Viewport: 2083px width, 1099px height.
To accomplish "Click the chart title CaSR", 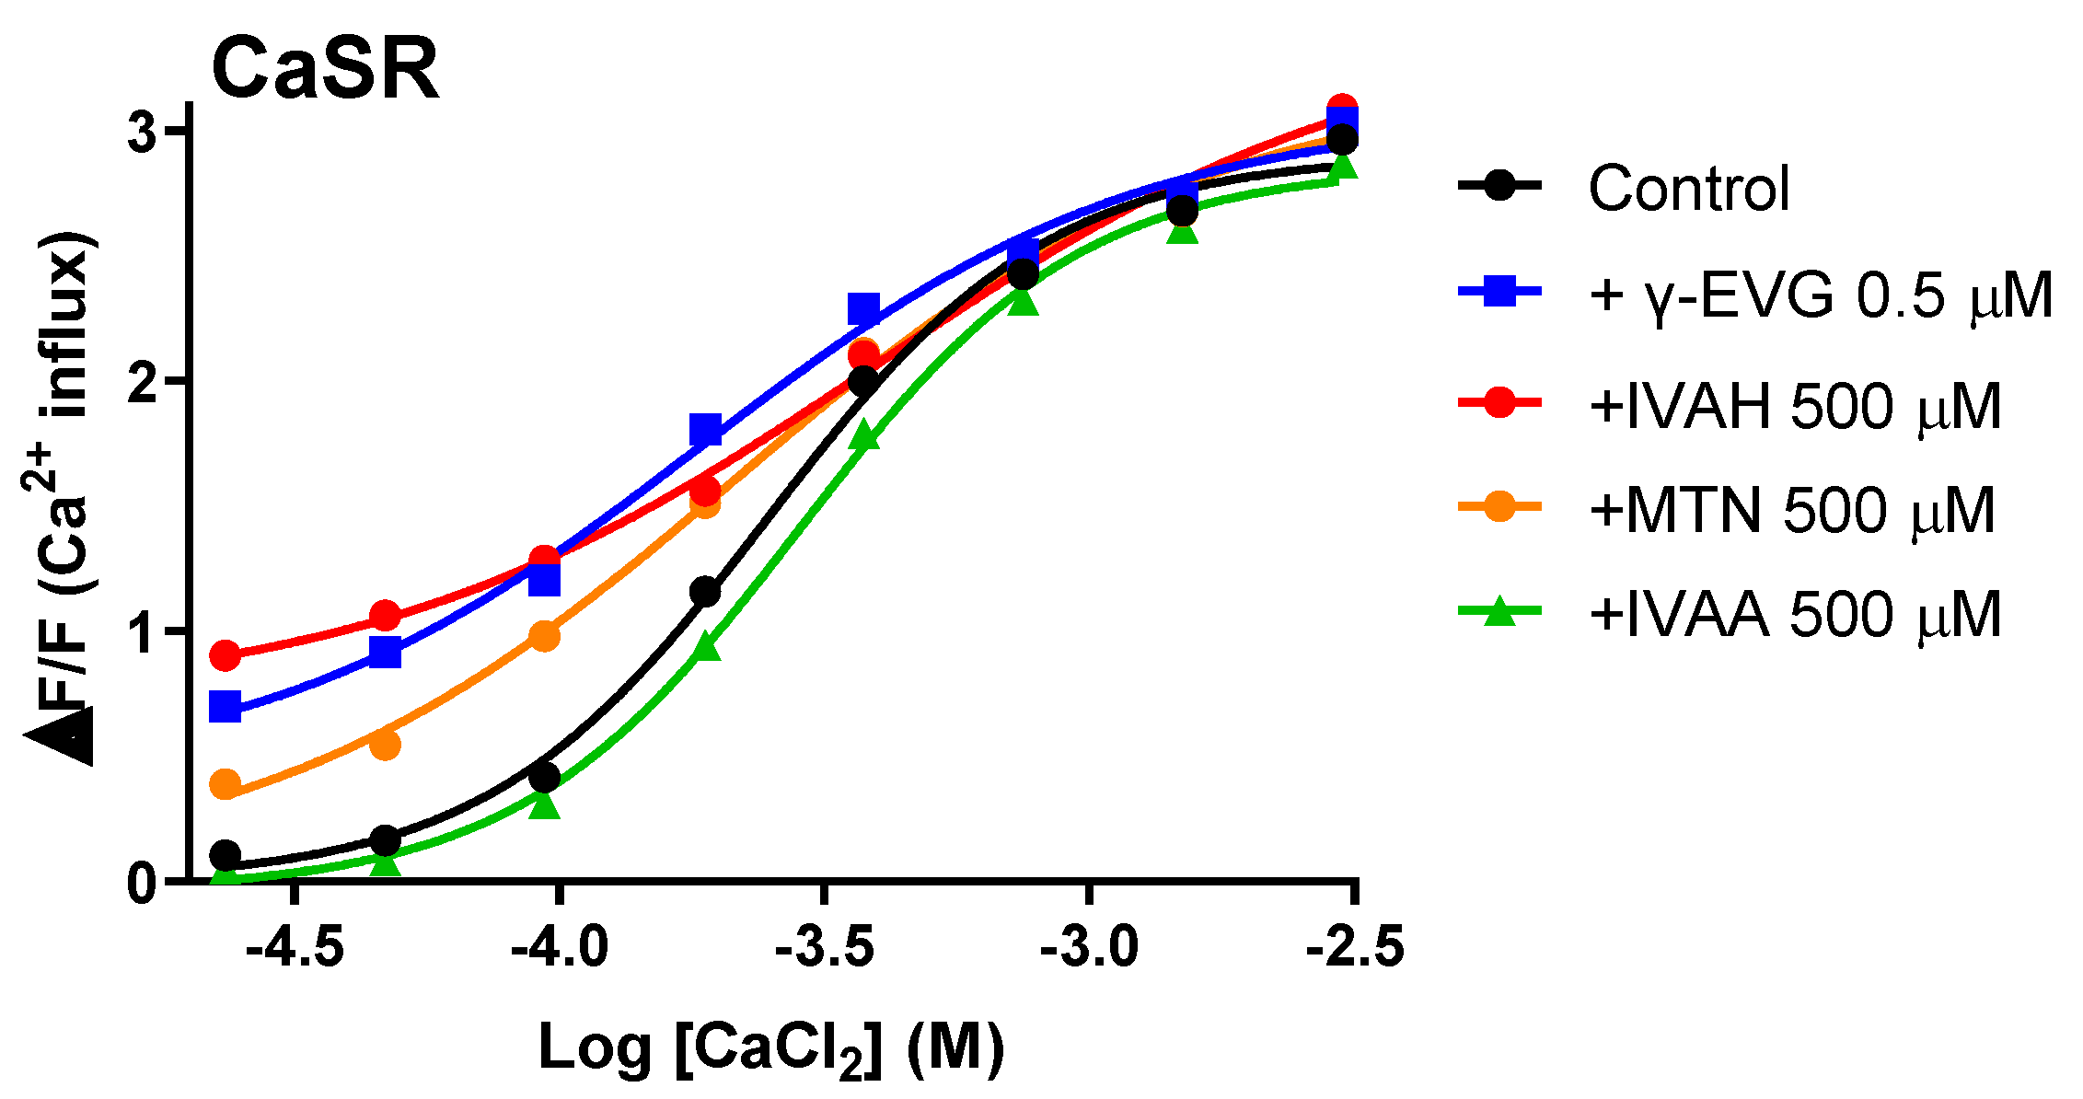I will click(x=326, y=70).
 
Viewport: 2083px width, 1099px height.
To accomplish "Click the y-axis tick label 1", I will click(x=144, y=632).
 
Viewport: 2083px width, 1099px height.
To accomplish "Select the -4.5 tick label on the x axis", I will click(x=295, y=947).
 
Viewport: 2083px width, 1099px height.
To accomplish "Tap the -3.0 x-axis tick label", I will click(x=1090, y=947).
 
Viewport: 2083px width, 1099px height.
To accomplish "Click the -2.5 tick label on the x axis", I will click(x=1355, y=947).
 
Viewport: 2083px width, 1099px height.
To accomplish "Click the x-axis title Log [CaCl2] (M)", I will click(x=771, y=1049).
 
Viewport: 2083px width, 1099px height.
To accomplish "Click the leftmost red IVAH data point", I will click(x=226, y=655).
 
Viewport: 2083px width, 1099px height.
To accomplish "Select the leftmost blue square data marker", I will click(x=226, y=708).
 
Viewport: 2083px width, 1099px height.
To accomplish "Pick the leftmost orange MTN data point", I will click(x=226, y=785).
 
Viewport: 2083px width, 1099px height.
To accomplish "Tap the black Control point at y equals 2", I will click(x=863, y=381).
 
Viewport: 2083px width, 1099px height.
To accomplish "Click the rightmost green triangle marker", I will click(x=1342, y=167).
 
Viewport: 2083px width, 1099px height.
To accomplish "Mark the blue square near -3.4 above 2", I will click(x=863, y=309).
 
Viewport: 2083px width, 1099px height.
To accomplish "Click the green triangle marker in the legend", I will click(x=1499, y=611).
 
